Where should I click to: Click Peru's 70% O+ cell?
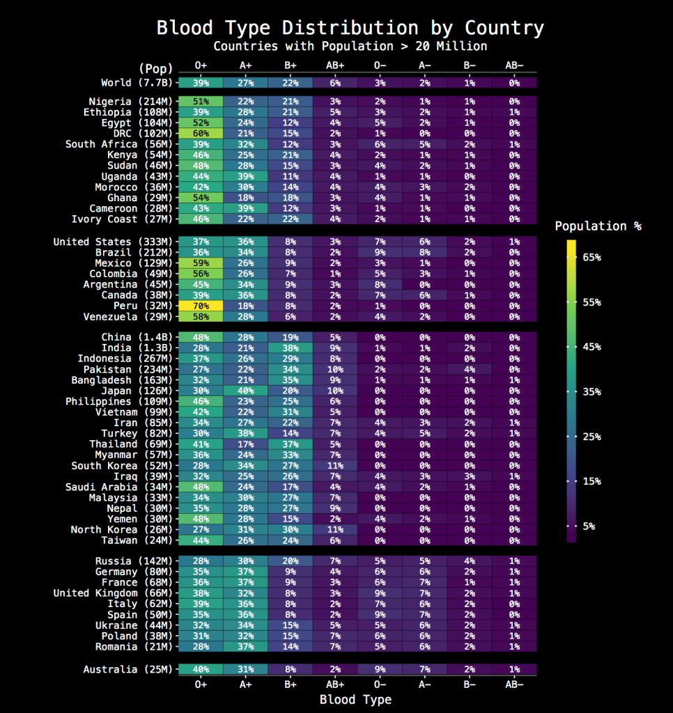point(201,306)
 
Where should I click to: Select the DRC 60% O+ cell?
point(201,134)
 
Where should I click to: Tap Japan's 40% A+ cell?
point(245,391)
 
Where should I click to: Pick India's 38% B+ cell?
point(291,348)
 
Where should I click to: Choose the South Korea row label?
point(121,466)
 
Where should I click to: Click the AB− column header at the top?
point(515,65)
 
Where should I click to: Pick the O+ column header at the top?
point(201,65)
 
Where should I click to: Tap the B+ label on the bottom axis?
point(291,685)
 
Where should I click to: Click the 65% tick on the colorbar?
point(591,258)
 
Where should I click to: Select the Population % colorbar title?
point(598,226)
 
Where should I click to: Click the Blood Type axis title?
point(355,700)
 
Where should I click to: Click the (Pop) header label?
point(155,68)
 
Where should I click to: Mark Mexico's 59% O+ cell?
point(201,263)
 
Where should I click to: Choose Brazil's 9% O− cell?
point(380,253)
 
